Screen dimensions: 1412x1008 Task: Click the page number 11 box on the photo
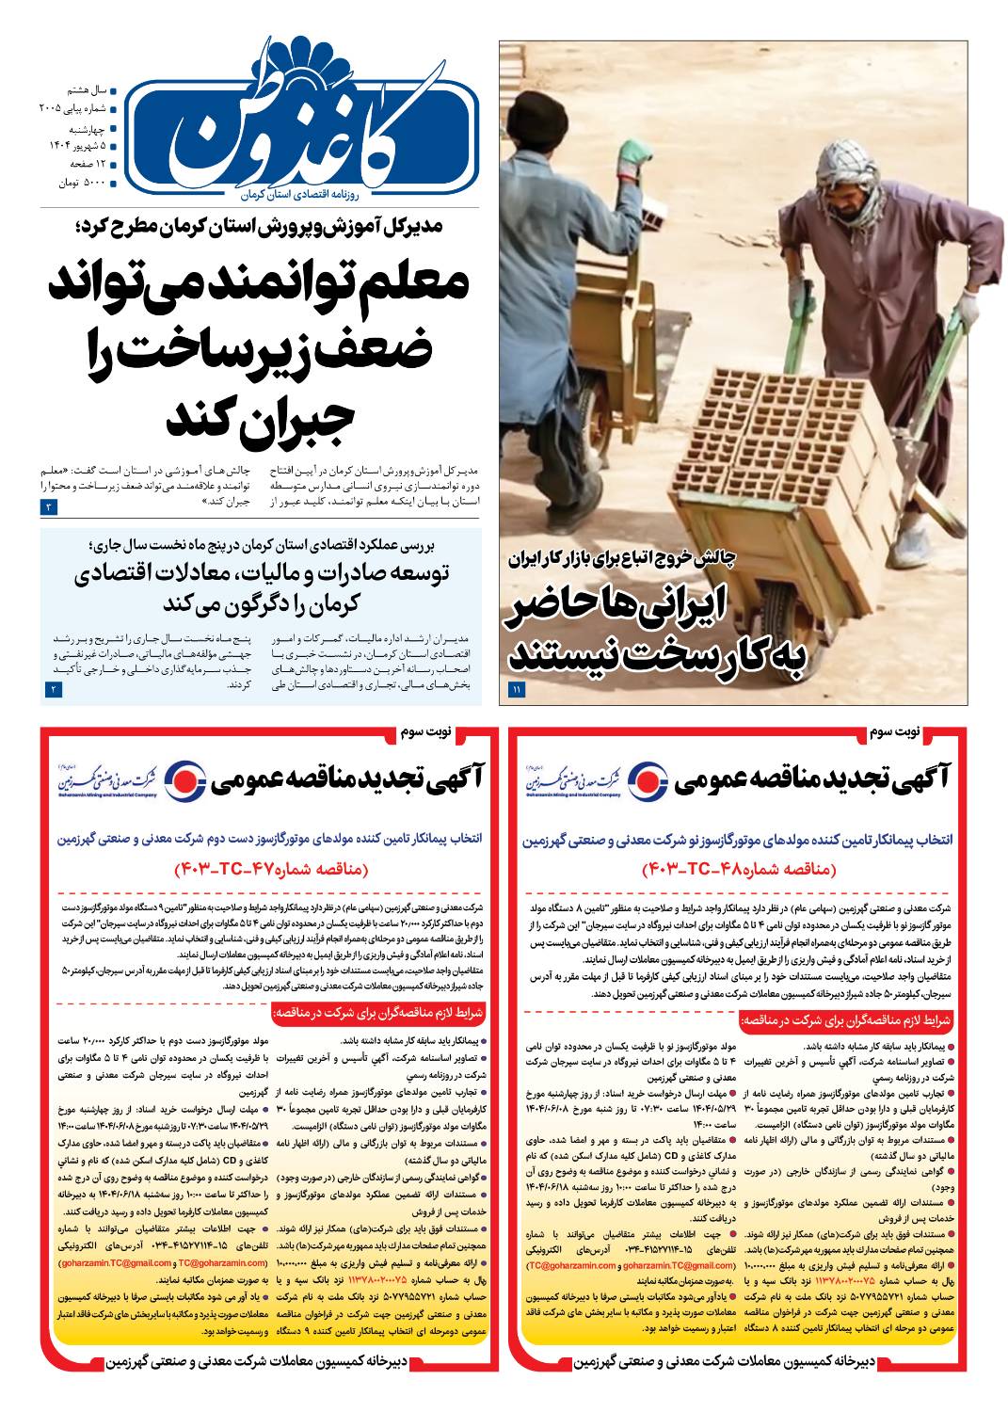coord(517,691)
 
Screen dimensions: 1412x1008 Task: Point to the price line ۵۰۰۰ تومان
coord(81,180)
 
